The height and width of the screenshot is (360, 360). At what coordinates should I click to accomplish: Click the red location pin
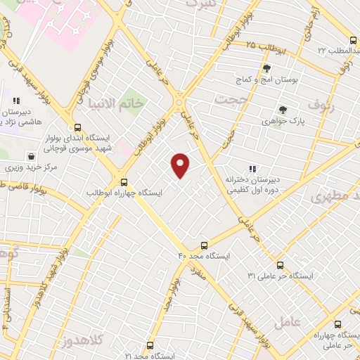(x=181, y=165)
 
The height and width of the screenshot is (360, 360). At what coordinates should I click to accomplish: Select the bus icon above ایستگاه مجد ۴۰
(x=204, y=245)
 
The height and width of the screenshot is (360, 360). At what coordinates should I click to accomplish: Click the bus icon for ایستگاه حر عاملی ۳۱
(x=281, y=265)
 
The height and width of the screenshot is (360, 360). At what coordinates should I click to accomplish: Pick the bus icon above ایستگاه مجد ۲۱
(x=149, y=345)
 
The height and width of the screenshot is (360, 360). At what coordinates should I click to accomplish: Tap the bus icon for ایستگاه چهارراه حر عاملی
(x=338, y=324)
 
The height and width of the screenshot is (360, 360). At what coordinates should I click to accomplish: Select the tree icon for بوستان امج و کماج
(x=266, y=68)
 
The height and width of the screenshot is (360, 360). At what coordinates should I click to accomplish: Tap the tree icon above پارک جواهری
(x=282, y=110)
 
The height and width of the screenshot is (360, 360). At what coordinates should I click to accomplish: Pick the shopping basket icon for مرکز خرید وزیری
(x=31, y=156)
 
